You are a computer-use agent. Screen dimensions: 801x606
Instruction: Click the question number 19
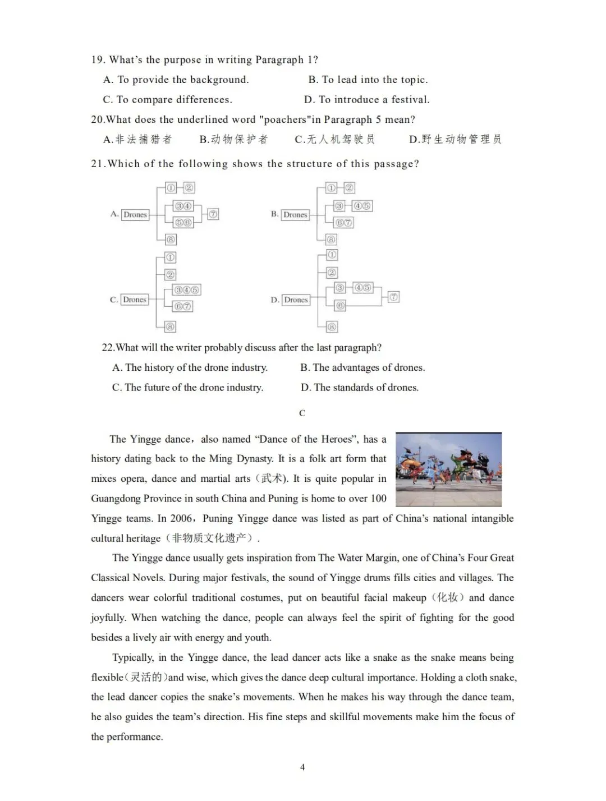[x=98, y=60]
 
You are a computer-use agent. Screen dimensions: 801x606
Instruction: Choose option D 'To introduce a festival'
[x=367, y=100]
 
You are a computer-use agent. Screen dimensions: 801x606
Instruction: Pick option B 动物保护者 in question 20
[x=233, y=139]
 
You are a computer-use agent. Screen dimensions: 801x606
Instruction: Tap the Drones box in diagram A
[x=135, y=214]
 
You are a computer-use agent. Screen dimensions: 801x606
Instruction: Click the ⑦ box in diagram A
[x=213, y=214]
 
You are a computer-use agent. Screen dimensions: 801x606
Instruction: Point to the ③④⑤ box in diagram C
[x=187, y=290]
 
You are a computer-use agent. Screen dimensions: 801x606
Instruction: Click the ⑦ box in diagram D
[x=394, y=297]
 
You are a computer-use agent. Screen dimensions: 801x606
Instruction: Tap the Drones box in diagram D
[x=296, y=300]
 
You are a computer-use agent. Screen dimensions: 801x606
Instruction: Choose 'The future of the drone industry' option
[x=187, y=388]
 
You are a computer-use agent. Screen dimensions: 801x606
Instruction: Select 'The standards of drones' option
[x=360, y=388]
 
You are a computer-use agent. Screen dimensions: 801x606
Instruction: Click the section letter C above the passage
[x=302, y=413]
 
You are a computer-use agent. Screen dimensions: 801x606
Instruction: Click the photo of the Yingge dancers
[x=448, y=469]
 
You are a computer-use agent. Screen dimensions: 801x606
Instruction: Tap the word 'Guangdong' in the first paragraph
[x=116, y=499]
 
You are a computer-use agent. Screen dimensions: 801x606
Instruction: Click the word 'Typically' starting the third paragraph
[x=132, y=657]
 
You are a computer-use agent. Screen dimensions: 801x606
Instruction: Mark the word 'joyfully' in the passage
[x=108, y=618]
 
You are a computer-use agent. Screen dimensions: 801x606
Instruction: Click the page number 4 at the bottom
[x=302, y=767]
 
